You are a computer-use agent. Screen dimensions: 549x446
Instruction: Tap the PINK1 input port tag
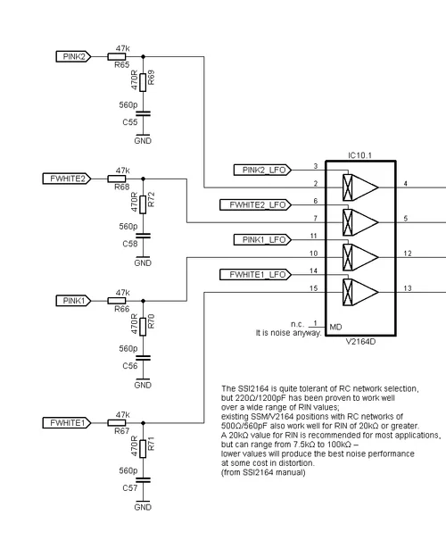coord(74,301)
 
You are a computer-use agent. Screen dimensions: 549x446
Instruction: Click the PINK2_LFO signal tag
coord(260,170)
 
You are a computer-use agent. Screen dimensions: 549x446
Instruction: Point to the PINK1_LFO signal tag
coord(260,239)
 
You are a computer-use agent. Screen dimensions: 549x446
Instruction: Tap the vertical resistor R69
coord(142,80)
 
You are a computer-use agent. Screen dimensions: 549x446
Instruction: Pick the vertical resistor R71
coord(142,446)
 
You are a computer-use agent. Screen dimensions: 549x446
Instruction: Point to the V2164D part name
coord(361,341)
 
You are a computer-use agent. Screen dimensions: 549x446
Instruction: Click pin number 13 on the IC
coord(407,287)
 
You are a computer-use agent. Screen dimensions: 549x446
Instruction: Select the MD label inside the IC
coord(336,327)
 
